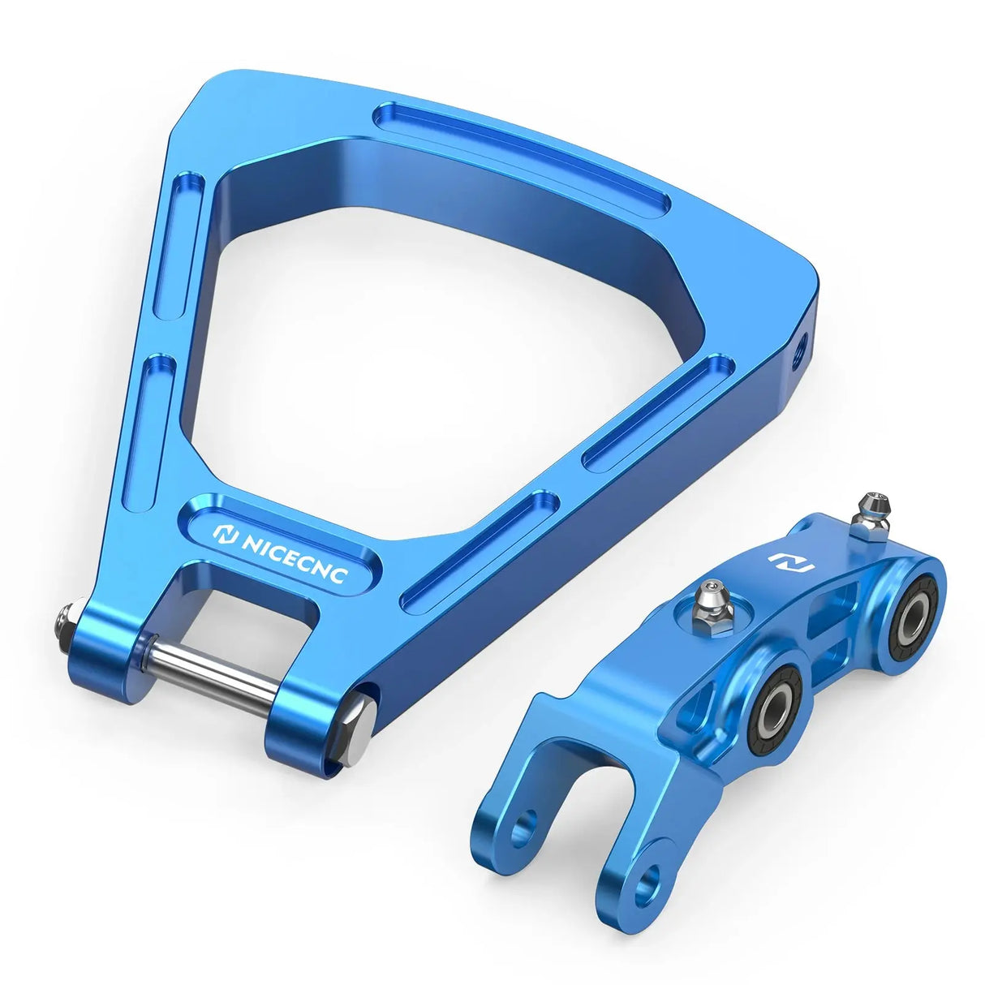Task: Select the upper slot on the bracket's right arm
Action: click(662, 411)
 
